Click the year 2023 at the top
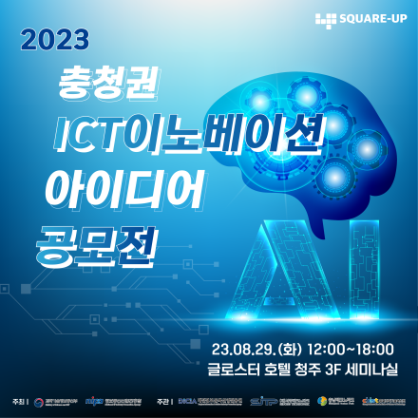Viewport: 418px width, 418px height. [54, 40]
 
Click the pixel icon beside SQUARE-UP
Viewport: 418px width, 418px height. [326, 18]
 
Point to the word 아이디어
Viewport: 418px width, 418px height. [123, 189]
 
